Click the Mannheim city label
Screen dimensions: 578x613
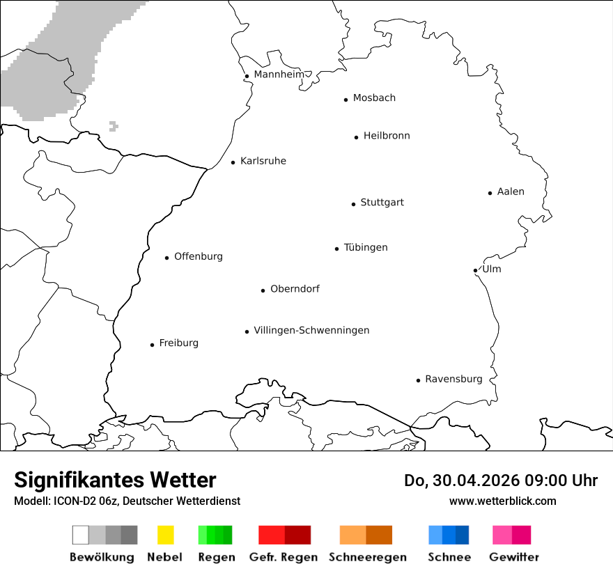[279, 75]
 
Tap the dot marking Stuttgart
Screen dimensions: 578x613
[353, 204]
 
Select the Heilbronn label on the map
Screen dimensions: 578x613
[387, 136]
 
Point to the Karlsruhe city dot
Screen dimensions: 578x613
[233, 163]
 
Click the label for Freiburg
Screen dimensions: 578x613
[178, 343]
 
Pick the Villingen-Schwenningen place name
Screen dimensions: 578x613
[311, 330]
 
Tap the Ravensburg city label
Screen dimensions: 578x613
[453, 380]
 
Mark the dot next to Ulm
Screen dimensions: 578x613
[475, 270]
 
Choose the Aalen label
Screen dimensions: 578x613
[511, 192]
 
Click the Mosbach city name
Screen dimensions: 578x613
[374, 98]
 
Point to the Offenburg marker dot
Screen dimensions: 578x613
[167, 258]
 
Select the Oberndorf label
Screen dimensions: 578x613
[295, 289]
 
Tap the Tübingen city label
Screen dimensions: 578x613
[366, 248]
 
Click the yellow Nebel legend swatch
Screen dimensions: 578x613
[165, 535]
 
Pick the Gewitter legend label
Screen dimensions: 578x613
[514, 557]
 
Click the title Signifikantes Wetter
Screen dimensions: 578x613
[115, 480]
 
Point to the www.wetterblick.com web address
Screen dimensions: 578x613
[502, 501]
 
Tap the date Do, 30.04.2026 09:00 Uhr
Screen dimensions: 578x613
[501, 481]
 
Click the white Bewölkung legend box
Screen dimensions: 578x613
[81, 535]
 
